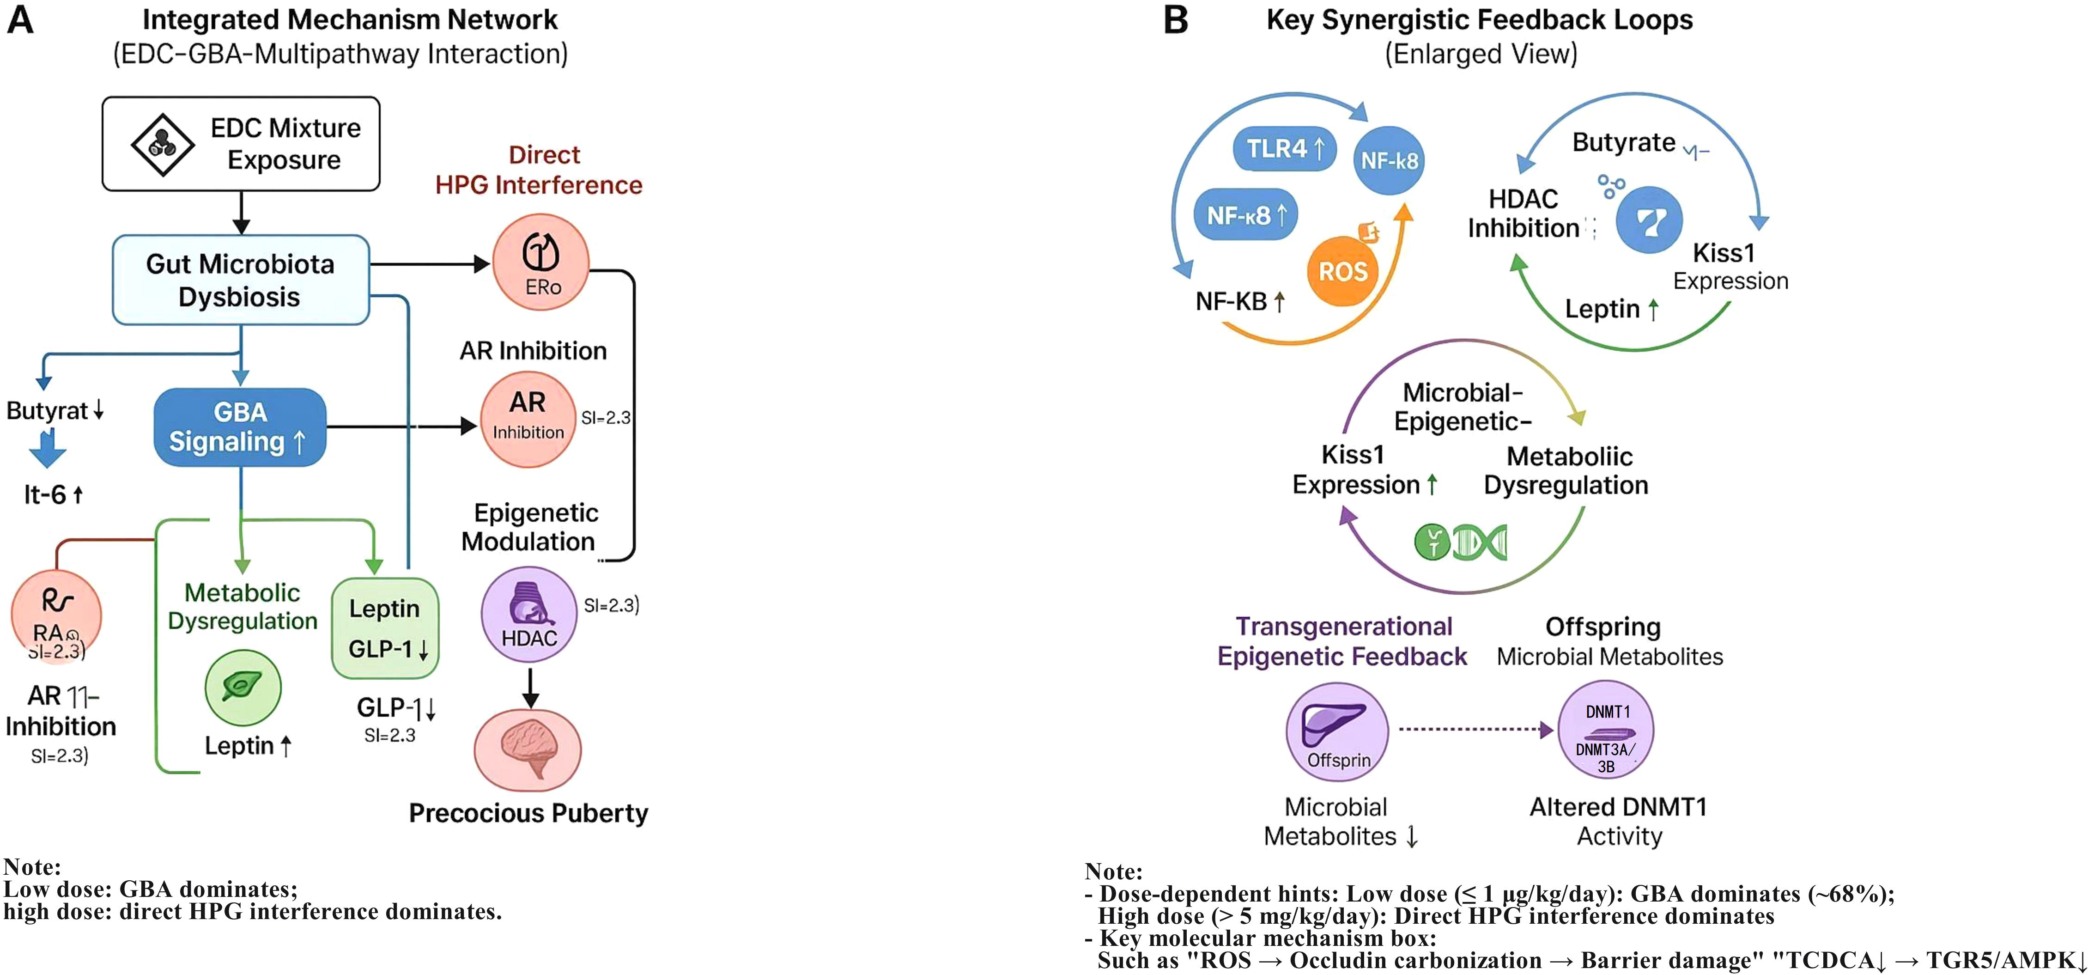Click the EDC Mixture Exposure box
click(241, 144)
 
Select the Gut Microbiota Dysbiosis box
click(241, 280)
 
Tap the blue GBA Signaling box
click(240, 427)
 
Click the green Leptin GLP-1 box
click(385, 628)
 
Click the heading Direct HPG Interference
click(539, 170)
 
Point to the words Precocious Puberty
click(528, 813)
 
